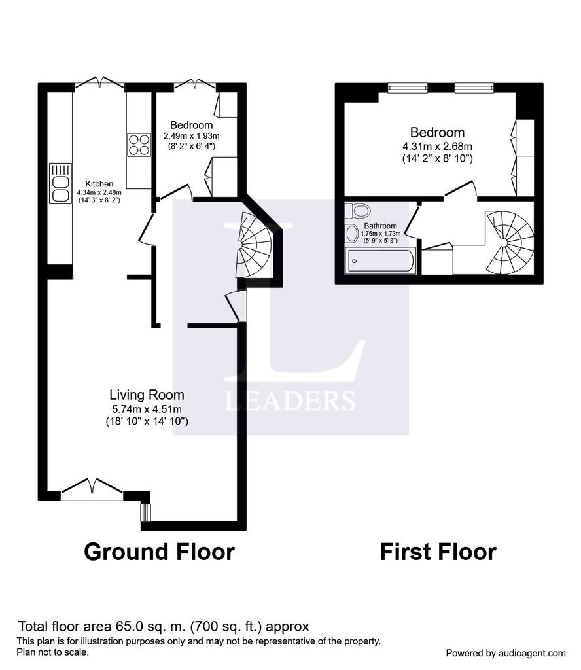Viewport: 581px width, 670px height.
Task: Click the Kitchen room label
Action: click(x=99, y=184)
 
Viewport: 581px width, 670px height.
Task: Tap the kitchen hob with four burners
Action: click(x=139, y=145)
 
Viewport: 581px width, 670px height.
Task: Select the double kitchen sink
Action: click(x=60, y=184)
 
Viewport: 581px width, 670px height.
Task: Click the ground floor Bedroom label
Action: click(x=192, y=125)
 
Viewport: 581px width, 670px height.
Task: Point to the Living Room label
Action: click(x=147, y=395)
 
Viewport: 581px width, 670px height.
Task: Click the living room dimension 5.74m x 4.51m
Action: click(x=147, y=409)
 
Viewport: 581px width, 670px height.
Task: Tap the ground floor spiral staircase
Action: click(x=254, y=245)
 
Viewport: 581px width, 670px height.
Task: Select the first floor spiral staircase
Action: click(x=510, y=242)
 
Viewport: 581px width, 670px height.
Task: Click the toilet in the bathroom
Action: click(x=358, y=211)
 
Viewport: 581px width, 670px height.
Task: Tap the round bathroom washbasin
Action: click(x=352, y=234)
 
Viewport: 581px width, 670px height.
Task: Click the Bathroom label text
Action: click(x=380, y=226)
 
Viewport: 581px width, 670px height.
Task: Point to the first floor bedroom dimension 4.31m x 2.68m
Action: click(x=438, y=146)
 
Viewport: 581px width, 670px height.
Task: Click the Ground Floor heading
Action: click(x=160, y=552)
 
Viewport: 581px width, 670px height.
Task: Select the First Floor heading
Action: click(x=438, y=552)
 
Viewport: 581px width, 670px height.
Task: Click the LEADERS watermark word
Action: click(x=290, y=401)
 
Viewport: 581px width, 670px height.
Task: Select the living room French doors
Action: click(x=92, y=489)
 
